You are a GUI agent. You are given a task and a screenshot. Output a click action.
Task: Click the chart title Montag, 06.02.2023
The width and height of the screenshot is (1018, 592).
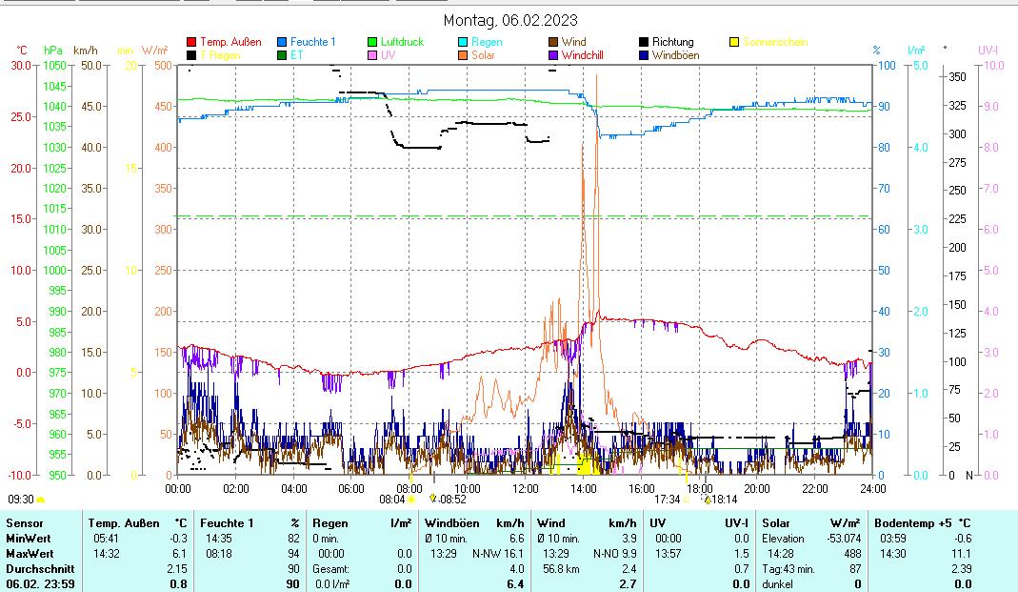point(509,20)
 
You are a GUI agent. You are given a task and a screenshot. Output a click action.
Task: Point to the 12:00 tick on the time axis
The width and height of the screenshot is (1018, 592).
point(526,489)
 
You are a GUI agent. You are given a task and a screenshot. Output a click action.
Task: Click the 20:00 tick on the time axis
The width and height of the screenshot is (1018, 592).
point(757,489)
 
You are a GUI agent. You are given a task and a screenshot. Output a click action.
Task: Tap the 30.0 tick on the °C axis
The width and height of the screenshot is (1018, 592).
point(21,65)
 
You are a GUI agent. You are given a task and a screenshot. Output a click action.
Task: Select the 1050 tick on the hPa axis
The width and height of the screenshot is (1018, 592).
point(55,65)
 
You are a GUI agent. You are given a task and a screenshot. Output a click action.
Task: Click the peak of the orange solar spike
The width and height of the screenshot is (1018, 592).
point(596,75)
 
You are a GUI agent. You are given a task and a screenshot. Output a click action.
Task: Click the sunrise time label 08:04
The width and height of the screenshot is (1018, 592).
point(392,499)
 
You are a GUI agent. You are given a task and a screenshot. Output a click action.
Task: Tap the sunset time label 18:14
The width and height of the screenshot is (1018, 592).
point(725,499)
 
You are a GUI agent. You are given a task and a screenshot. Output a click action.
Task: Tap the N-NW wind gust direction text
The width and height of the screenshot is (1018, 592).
point(487,554)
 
